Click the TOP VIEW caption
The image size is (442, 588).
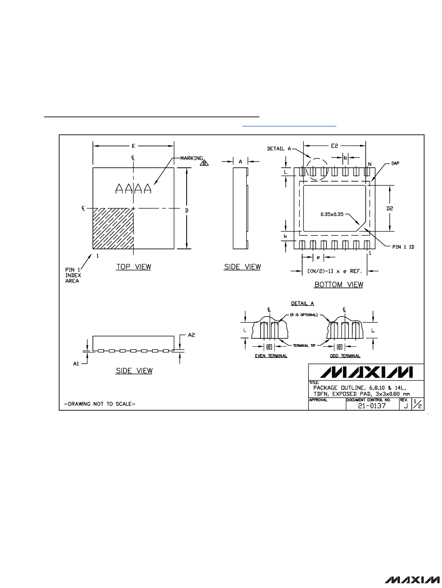[x=133, y=267]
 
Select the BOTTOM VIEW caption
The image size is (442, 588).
[x=339, y=285]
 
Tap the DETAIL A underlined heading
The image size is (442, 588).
[x=302, y=303]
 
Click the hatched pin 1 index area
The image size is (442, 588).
[x=113, y=229]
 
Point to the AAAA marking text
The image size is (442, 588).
[x=133, y=188]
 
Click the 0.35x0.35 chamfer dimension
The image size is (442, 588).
[x=332, y=214]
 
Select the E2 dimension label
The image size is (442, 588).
[x=334, y=146]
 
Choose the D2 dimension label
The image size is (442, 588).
[x=390, y=208]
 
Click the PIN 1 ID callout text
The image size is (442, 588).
[x=403, y=247]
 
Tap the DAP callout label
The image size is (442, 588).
[x=395, y=163]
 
